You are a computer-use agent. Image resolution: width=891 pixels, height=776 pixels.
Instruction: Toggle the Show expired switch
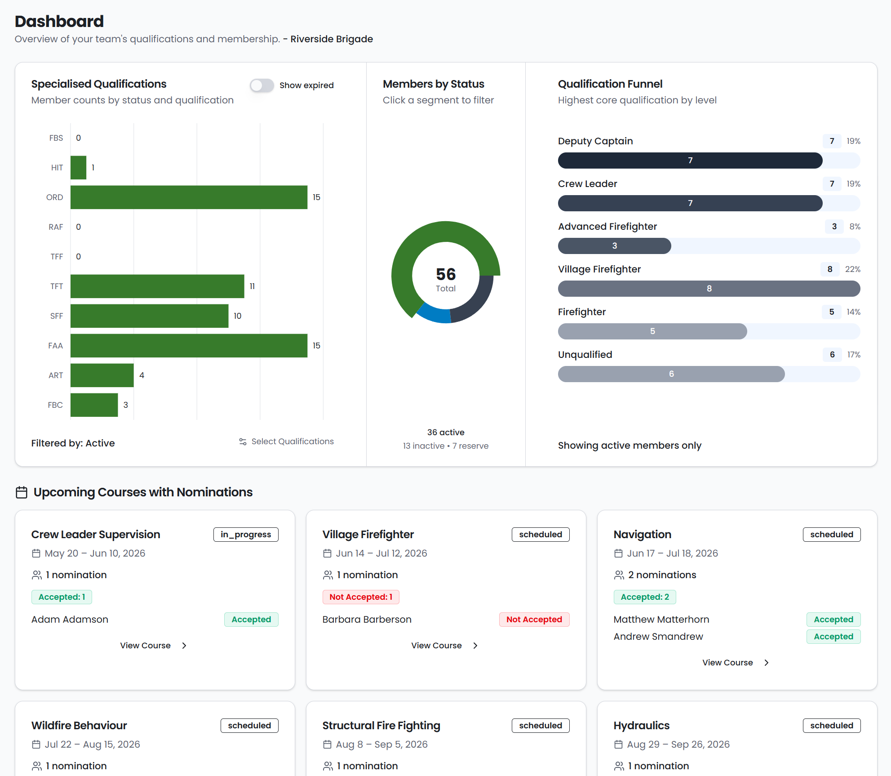262,85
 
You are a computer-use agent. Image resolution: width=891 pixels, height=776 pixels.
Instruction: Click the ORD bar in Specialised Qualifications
189,197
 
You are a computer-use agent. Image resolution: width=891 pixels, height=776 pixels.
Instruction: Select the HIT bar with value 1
78,168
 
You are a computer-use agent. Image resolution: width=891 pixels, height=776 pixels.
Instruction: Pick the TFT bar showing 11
157,286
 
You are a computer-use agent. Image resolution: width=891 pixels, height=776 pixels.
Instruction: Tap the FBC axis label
55,405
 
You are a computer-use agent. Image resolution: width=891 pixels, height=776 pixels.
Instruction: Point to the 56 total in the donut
446,274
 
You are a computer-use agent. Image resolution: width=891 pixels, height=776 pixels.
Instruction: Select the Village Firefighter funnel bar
709,289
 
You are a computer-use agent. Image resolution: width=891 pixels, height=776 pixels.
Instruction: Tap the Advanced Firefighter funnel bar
615,246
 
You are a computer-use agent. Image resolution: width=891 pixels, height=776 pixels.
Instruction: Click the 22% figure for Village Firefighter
853,269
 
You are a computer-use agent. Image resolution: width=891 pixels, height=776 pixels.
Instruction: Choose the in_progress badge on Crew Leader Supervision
246,535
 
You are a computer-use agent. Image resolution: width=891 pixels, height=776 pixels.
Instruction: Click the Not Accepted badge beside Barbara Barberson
534,620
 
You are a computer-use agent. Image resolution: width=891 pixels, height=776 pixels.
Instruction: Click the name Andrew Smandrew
658,637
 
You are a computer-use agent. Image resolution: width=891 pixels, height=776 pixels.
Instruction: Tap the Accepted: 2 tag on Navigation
645,597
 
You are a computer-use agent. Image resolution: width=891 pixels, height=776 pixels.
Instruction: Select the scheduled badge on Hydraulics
832,726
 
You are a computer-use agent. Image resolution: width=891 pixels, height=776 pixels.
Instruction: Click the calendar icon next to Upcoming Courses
22,492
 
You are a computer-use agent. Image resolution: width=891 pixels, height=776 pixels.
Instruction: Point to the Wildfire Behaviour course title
79,726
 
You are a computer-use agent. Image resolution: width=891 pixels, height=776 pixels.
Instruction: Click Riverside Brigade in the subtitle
332,39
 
